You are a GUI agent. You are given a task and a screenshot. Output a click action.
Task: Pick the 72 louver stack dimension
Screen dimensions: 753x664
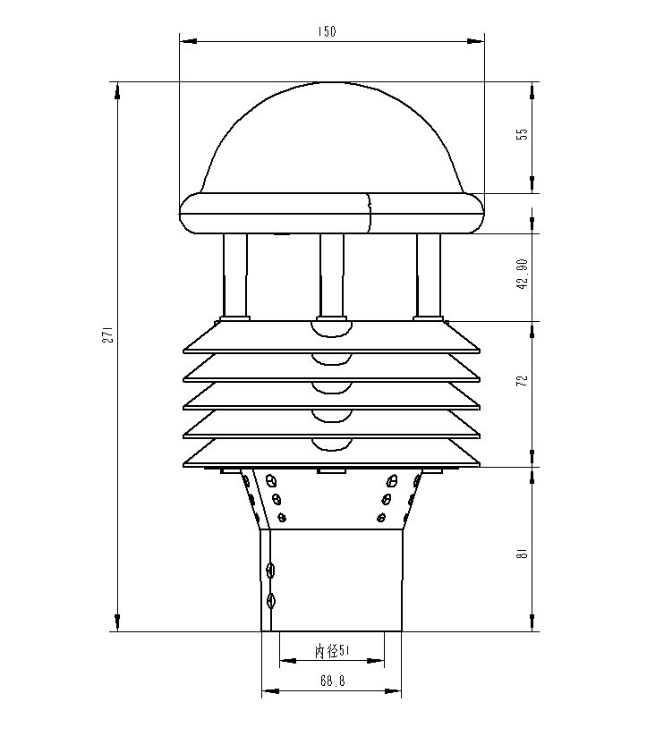coord(523,379)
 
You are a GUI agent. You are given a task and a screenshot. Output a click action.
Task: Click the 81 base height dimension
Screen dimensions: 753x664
coord(523,553)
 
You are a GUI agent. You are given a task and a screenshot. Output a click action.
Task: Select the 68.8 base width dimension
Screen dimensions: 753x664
coord(331,681)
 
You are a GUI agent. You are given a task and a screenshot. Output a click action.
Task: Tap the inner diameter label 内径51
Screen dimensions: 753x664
coord(331,652)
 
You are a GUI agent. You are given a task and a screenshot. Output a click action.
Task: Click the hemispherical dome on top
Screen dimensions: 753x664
coord(332,139)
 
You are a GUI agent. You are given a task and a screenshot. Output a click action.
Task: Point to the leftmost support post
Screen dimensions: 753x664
coord(235,275)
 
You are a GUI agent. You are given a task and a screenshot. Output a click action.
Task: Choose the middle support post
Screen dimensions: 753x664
coord(332,275)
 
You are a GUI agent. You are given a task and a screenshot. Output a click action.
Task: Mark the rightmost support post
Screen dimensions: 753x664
coord(429,275)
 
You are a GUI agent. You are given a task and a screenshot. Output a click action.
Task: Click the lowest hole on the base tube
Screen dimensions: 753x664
coord(272,600)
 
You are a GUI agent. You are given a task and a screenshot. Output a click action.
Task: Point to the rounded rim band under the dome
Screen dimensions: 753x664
coord(332,215)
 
